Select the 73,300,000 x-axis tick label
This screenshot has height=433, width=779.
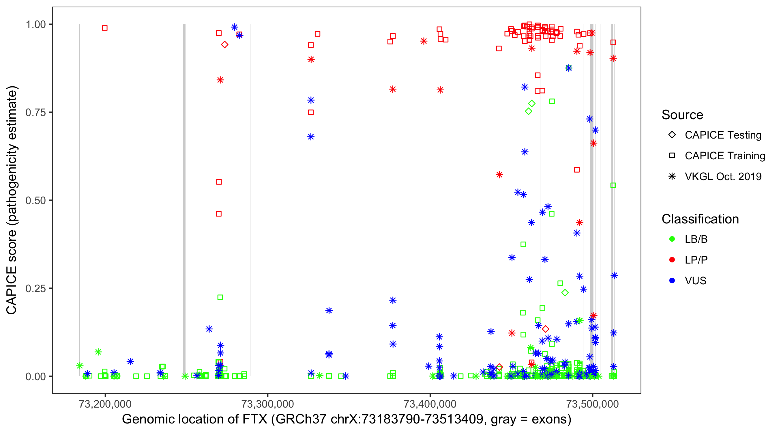click(x=268, y=404)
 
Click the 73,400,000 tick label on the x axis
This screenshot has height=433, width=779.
click(x=430, y=404)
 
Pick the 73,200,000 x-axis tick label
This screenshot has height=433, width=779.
click(x=105, y=404)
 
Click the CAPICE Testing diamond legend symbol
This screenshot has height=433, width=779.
click(x=672, y=135)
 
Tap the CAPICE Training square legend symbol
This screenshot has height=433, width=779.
click(x=672, y=156)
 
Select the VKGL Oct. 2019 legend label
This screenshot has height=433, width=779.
click(x=723, y=177)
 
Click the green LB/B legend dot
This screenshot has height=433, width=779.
click(x=672, y=239)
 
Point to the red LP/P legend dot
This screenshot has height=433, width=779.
click(x=672, y=260)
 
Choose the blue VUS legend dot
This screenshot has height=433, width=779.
click(x=672, y=281)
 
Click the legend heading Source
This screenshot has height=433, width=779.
click(x=682, y=115)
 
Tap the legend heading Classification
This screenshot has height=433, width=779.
click(x=700, y=219)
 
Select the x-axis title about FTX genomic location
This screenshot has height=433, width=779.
click(x=347, y=419)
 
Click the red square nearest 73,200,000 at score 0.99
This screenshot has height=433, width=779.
click(x=105, y=28)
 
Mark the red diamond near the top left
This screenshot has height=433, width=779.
click(x=224, y=45)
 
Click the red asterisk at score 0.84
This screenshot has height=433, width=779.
click(x=220, y=80)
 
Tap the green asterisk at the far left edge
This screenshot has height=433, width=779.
click(x=80, y=366)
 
